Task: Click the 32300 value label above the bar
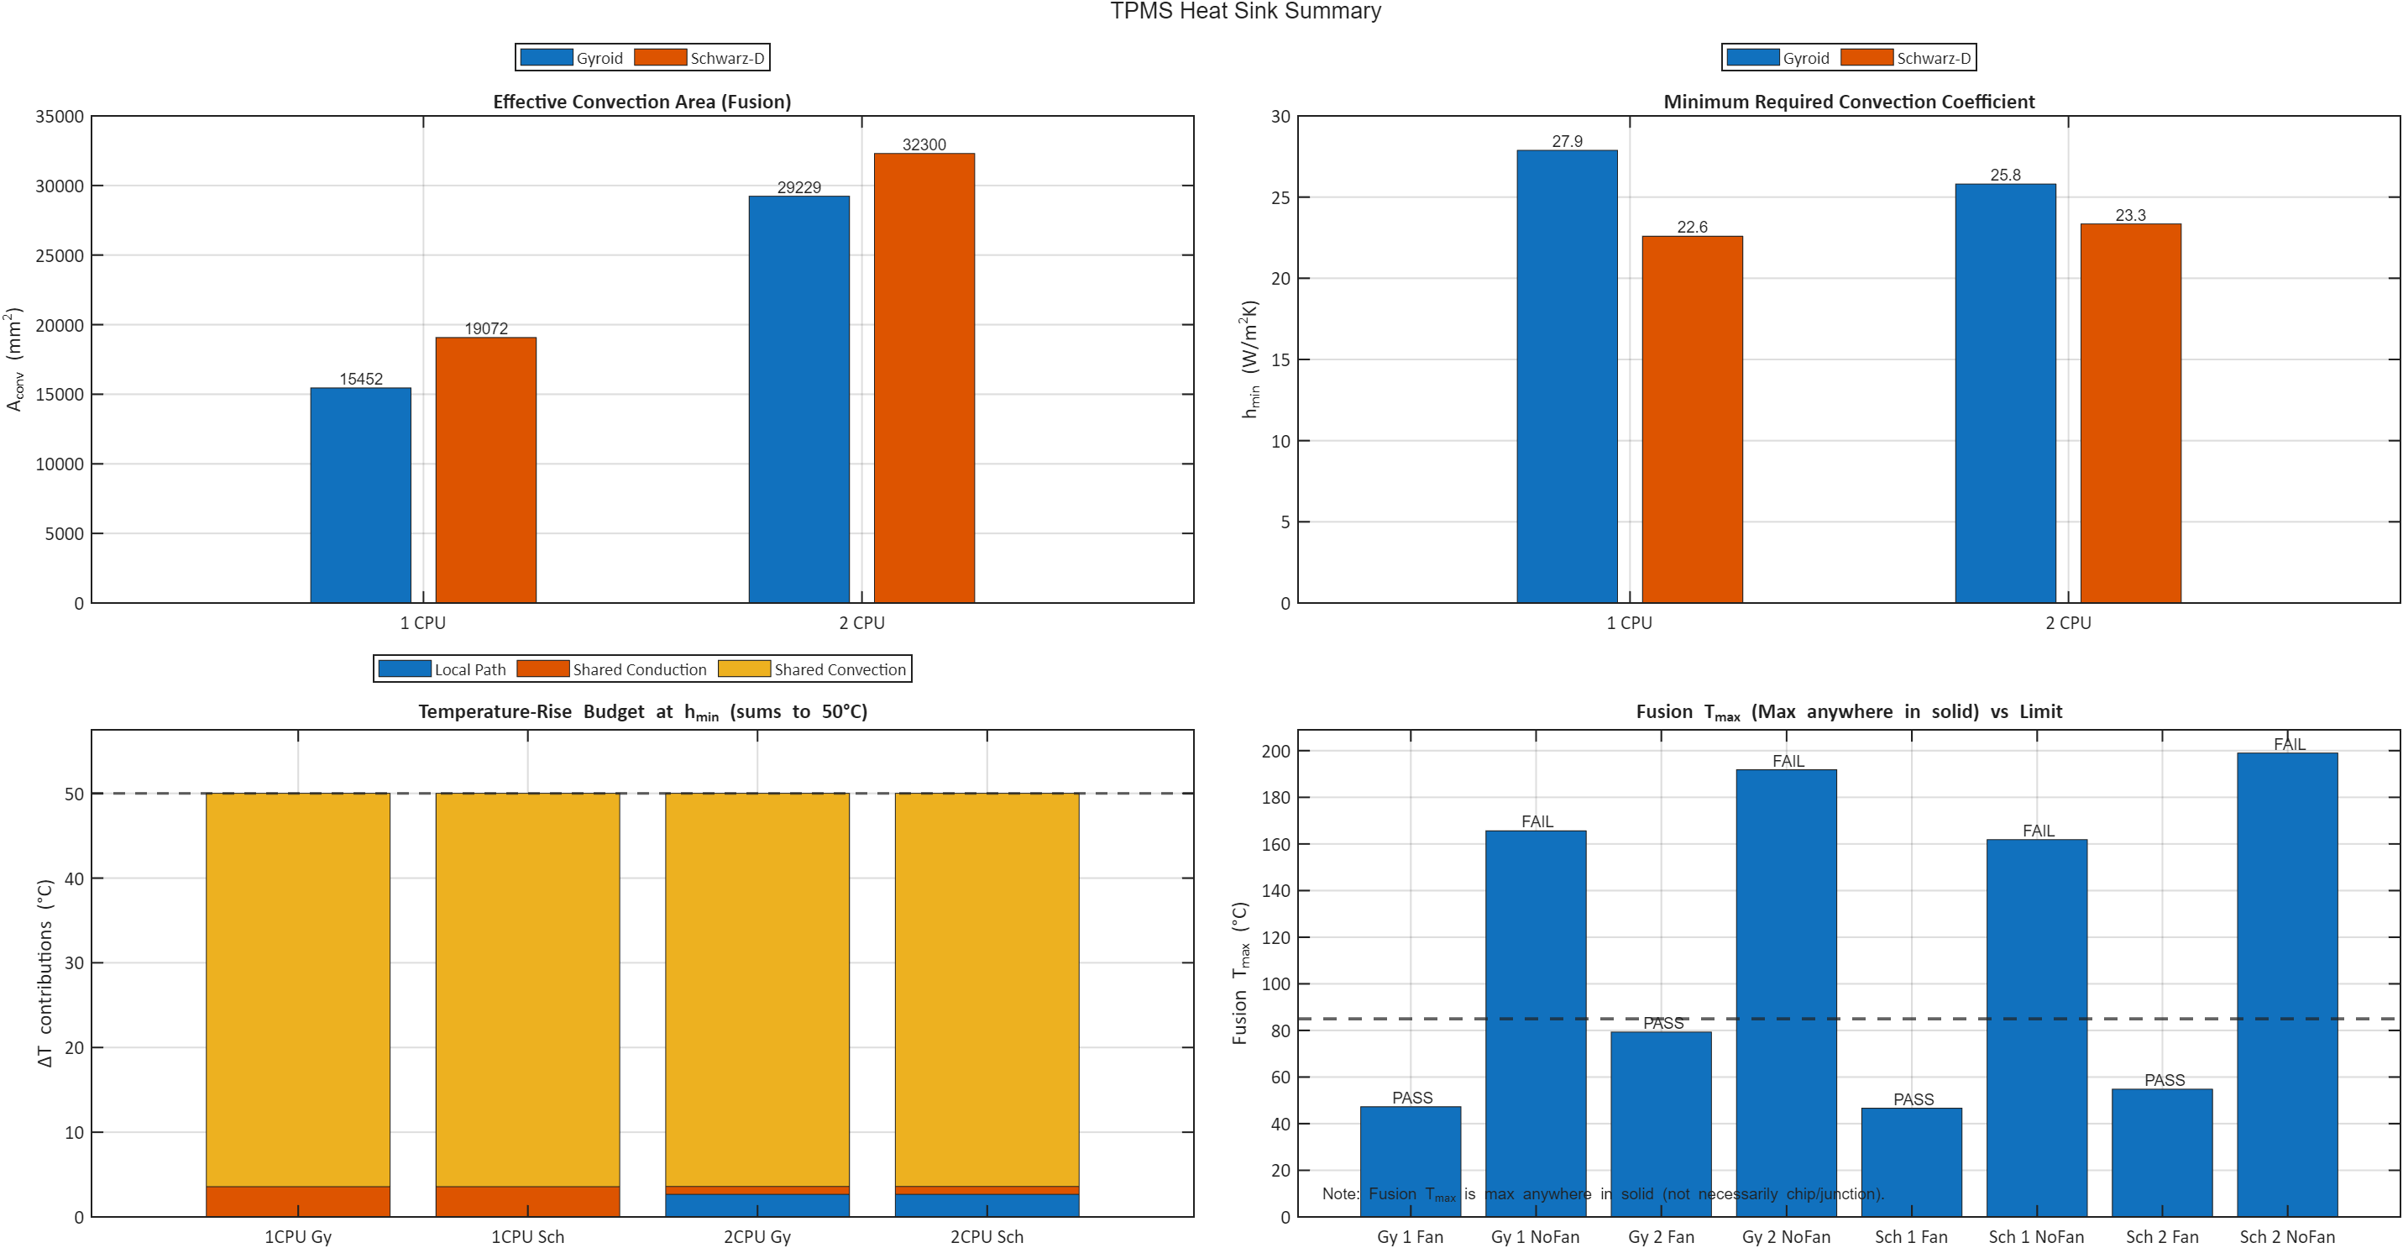pos(924,144)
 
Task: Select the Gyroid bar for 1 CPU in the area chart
pos(360,495)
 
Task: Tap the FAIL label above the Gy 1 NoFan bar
pos(1537,821)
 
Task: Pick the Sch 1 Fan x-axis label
pos(1910,1237)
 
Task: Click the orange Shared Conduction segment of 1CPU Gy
pos(297,1201)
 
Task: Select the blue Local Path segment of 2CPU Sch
pos(986,1205)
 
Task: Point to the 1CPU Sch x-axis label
pos(527,1237)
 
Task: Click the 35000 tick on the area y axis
pos(59,117)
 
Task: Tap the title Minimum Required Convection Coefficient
pos(1848,102)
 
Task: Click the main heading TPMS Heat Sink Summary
pos(1244,11)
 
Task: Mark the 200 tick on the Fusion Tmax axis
pos(1275,751)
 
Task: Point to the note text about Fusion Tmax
pos(1602,1194)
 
